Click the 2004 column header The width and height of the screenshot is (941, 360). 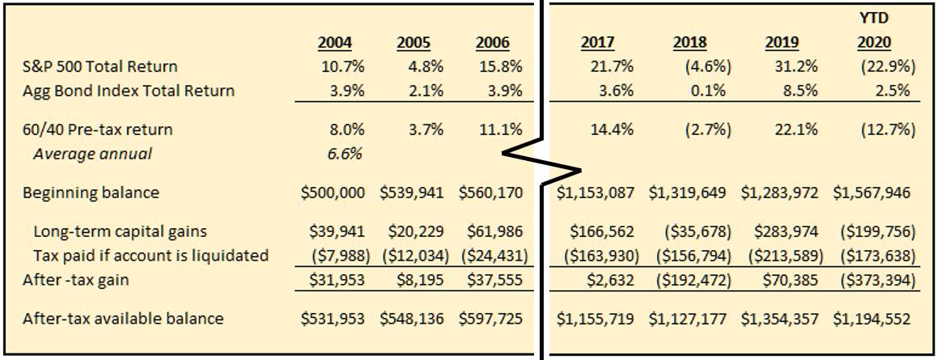tap(335, 43)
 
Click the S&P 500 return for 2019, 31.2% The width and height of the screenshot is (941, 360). tap(785, 66)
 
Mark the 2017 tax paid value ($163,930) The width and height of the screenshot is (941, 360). tap(599, 256)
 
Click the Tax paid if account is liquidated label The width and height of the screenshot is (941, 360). tap(146, 256)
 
